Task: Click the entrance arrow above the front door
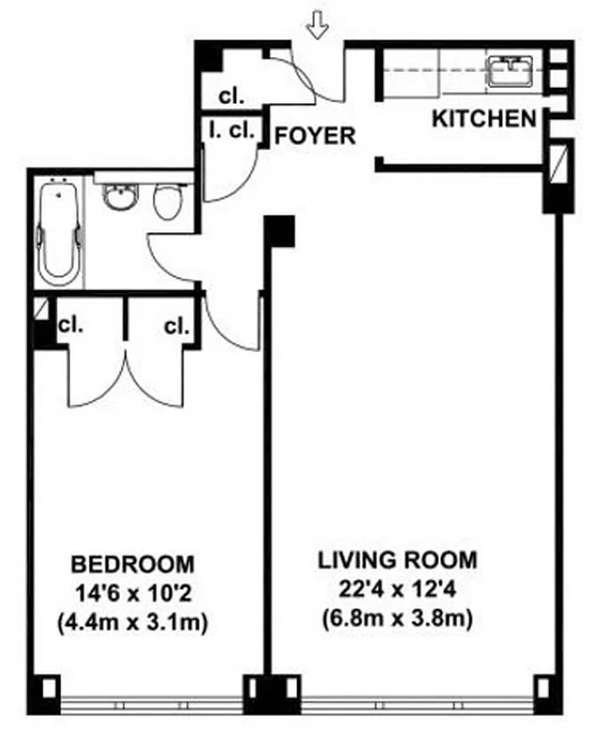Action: tap(319, 27)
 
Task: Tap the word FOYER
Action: tap(315, 137)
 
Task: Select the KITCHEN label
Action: tap(484, 119)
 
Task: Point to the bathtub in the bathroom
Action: tap(58, 234)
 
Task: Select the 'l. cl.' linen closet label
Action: tap(230, 132)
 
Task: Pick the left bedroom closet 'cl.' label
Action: tap(69, 326)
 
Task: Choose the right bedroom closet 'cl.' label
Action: tap(176, 326)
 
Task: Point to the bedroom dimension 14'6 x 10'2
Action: tap(133, 593)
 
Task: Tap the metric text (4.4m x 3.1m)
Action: tap(133, 621)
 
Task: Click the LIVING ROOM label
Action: tap(397, 561)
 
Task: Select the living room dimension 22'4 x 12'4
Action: tap(397, 590)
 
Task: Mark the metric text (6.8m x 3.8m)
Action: tap(397, 618)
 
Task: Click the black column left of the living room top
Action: tap(280, 230)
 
